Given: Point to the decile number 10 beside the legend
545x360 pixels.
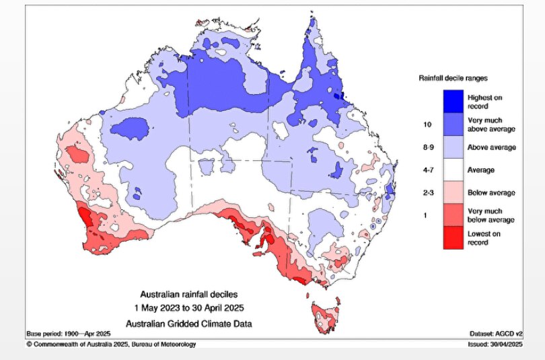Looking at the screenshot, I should tap(425, 124).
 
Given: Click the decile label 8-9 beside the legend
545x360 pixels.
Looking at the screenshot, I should tap(425, 147).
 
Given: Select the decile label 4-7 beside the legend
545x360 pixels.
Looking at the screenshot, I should tap(425, 170).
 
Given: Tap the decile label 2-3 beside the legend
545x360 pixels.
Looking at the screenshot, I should tap(425, 193).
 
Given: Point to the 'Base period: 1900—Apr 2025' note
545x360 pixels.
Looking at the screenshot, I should tap(69, 334).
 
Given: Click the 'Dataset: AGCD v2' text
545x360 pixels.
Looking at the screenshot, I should tap(497, 334).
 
